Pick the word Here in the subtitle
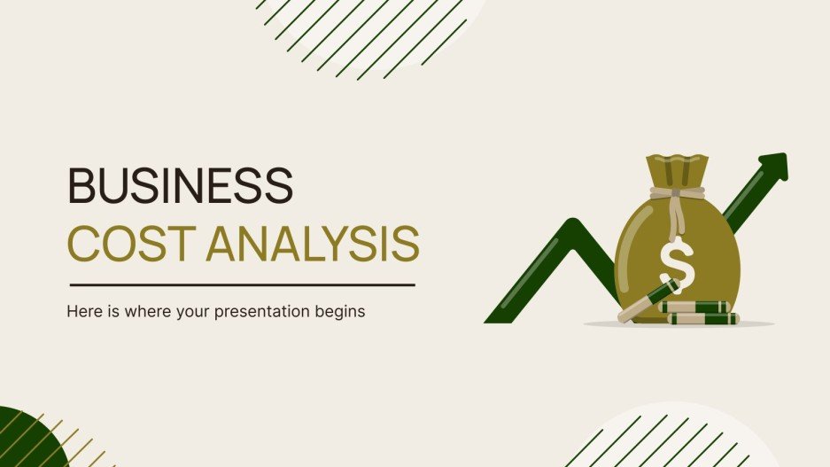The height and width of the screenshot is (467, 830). [x=82, y=313]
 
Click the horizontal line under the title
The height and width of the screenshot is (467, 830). [x=242, y=285]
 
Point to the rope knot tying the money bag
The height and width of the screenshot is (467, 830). [x=677, y=192]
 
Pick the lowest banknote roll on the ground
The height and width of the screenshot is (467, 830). [x=702, y=318]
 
